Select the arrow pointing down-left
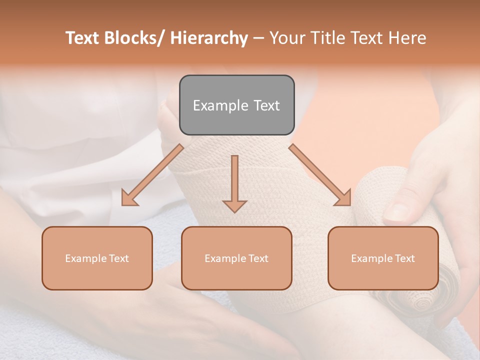coord(152,175)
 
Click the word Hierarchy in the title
coord(209,38)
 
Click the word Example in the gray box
coord(220,105)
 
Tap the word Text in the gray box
coord(266,105)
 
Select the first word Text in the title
coord(82,38)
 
